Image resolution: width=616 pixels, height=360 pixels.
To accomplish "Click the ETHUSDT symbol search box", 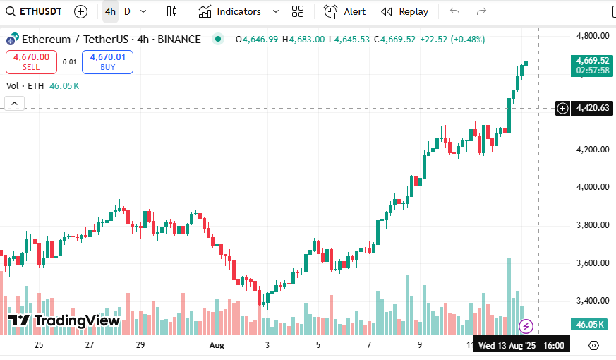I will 34,11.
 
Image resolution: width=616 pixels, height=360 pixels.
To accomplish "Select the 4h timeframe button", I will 110,11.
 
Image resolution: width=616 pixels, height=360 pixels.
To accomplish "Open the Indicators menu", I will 230,11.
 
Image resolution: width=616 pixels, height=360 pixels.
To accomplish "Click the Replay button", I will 405,11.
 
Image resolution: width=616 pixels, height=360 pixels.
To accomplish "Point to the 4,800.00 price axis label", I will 592,36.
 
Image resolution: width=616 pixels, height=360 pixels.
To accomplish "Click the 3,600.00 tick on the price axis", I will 592,263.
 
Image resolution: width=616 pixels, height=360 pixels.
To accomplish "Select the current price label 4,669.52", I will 592,61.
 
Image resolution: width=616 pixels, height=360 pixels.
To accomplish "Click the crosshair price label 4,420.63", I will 592,108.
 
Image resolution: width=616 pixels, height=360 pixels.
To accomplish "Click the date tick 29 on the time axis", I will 140,345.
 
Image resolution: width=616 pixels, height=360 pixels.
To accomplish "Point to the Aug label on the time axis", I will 217,345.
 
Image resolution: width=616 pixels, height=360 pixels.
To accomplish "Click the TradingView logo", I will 64,320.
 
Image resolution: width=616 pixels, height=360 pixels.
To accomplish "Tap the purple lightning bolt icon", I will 526,325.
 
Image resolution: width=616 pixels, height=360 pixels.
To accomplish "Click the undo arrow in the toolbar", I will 454,11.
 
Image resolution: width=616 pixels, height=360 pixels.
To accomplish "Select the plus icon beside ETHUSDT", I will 81,11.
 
